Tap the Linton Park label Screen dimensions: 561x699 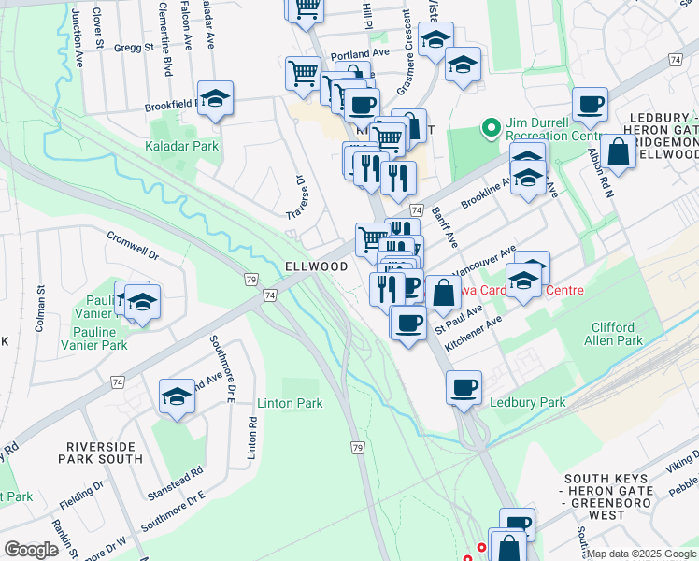coord(290,403)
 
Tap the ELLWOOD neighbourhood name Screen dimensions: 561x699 coord(316,266)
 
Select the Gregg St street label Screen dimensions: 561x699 coord(134,47)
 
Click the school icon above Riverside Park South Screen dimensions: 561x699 coord(177,396)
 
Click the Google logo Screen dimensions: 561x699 coord(32,550)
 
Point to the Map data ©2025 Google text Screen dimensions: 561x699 coord(641,554)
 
